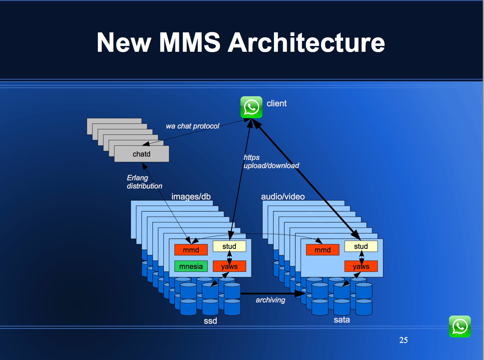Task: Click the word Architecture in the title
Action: point(306,43)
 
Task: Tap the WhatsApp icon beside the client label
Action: point(251,107)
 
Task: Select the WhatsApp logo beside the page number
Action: point(460,326)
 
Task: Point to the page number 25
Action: point(403,340)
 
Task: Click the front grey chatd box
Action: point(141,154)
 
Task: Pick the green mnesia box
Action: point(191,266)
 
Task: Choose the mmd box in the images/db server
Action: point(191,250)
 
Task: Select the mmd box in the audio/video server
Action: point(322,250)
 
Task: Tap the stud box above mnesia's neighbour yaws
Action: point(229,246)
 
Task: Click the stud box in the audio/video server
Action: point(361,246)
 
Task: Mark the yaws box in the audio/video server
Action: point(361,266)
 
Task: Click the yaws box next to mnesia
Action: point(229,266)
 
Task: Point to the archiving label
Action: point(270,300)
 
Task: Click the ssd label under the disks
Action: point(210,321)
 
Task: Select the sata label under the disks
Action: point(342,320)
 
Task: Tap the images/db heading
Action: point(191,196)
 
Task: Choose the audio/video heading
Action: point(283,196)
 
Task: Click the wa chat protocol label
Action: point(192,126)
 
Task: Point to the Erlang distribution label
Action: point(144,182)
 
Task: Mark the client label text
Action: point(276,104)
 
